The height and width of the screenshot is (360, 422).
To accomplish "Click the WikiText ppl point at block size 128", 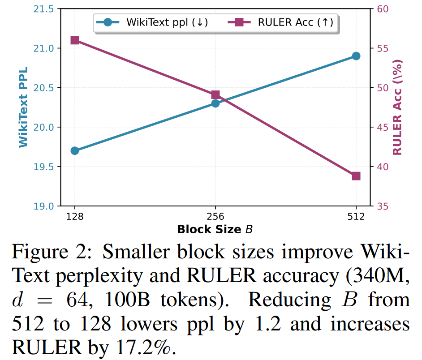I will tap(75, 150).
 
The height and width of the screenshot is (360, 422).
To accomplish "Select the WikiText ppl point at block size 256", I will tap(215, 103).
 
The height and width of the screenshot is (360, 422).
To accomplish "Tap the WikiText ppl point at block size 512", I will tap(356, 56).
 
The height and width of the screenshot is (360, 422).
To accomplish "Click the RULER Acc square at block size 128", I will tap(75, 40).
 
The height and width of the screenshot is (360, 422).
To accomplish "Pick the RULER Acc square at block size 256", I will tap(215, 94).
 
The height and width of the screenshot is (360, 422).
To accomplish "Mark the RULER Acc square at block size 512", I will tap(356, 176).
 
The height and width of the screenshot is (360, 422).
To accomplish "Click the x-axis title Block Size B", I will tap(215, 230).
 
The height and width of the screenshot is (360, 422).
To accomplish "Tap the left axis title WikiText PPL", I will tap(22, 107).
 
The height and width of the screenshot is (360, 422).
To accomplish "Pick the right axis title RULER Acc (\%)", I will tap(397, 107).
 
